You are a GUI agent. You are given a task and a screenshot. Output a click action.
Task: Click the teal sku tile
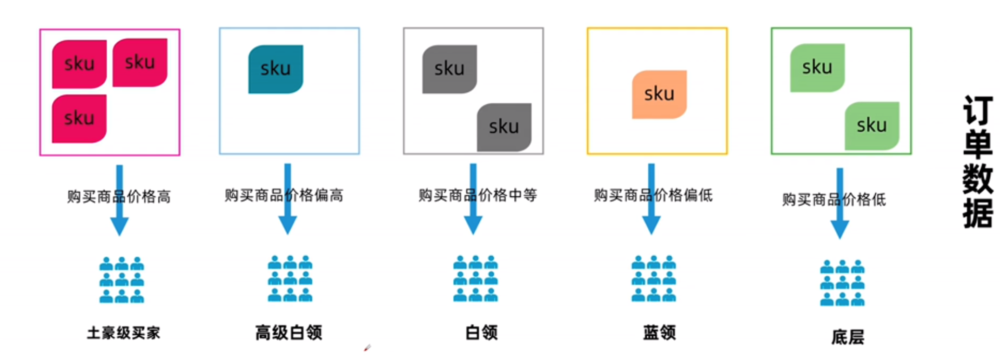275,69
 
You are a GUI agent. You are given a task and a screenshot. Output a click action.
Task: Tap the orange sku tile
659,94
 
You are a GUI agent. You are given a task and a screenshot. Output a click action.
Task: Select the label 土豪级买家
123,333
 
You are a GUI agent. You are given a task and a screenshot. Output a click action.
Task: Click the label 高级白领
289,333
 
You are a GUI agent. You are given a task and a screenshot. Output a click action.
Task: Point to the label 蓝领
659,333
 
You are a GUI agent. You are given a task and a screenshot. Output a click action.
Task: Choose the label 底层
847,337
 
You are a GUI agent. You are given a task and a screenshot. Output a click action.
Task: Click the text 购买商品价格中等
477,195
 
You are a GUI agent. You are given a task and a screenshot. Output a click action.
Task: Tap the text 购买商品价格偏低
653,195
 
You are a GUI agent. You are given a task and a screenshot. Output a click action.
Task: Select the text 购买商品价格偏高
284,195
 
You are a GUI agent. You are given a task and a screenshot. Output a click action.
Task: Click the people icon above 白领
476,278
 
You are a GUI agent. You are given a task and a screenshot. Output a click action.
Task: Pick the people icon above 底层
842,282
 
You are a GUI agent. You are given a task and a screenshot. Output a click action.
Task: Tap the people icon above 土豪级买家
121,280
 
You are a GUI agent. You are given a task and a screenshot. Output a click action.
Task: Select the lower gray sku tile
504,127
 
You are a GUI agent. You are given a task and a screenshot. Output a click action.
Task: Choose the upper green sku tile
817,67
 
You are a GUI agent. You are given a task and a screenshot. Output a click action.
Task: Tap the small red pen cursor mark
368,347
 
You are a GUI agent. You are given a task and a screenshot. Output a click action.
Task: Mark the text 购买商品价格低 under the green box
834,200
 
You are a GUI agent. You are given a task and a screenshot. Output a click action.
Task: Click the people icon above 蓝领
653,278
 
